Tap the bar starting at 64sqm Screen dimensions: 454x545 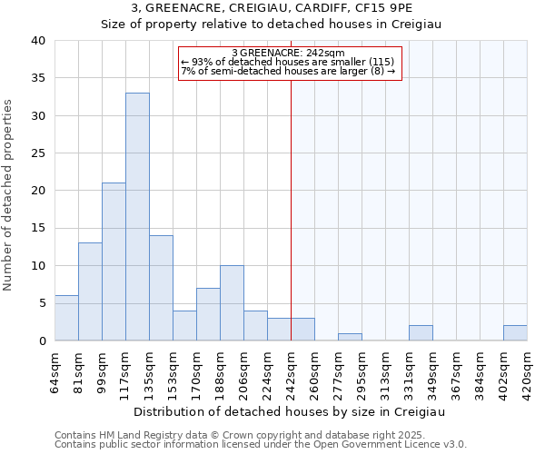coord(66,318)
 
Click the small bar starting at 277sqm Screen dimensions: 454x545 coord(350,337)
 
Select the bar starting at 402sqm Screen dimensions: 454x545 coord(515,333)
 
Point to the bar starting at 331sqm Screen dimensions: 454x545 coord(421,333)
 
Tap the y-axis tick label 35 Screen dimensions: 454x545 coord(37,78)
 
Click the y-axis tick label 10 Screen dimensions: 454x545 coord(37,266)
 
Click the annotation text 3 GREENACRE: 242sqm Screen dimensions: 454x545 coord(288,53)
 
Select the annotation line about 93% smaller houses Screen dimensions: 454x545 coord(288,62)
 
